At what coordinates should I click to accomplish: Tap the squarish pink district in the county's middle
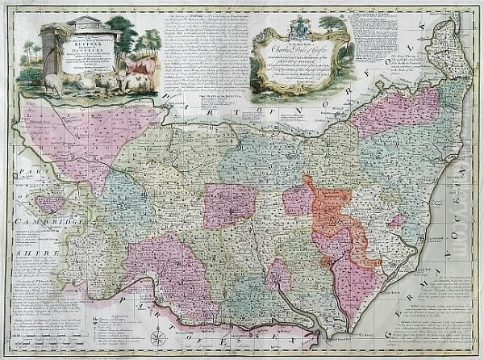pos(230,205)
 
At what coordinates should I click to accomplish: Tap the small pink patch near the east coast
pos(395,220)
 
